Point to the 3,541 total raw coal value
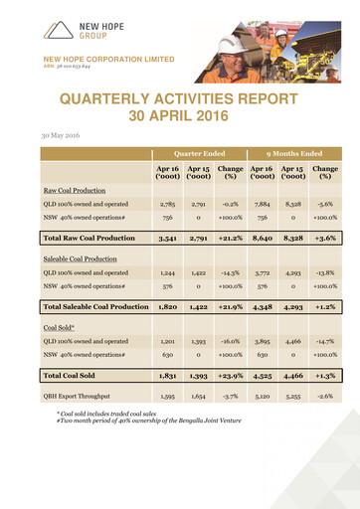pyautogui.click(x=167, y=240)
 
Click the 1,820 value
pyautogui.click(x=167, y=307)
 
